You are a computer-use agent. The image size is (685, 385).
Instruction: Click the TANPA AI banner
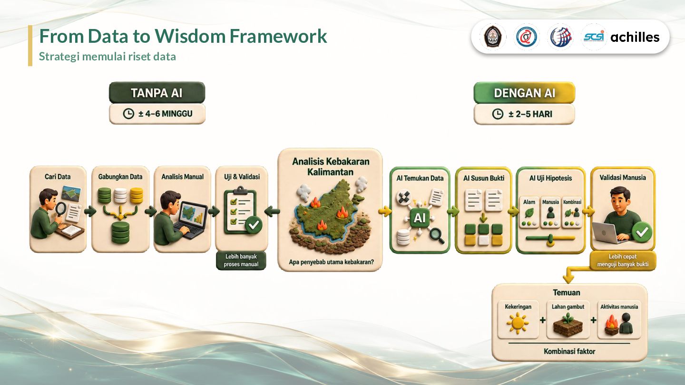[x=157, y=93]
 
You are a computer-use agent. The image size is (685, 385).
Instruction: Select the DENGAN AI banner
[x=524, y=93]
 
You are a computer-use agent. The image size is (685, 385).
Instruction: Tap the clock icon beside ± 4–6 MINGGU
[x=128, y=114]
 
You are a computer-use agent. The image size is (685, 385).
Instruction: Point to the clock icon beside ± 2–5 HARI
[x=498, y=114]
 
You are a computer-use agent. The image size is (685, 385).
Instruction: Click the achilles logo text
[x=635, y=37]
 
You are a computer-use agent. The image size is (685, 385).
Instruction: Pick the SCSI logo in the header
[x=594, y=37]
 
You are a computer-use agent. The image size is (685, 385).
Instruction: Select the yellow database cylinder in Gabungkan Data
[x=137, y=196]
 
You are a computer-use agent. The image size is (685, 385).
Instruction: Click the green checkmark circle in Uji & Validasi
[x=254, y=225]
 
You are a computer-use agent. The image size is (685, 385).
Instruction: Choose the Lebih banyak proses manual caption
[x=241, y=260]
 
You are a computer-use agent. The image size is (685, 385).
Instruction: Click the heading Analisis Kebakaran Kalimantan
[x=331, y=166]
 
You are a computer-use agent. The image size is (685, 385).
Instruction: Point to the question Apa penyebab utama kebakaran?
[x=331, y=262]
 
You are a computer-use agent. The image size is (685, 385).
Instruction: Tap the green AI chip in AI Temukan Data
[x=419, y=218]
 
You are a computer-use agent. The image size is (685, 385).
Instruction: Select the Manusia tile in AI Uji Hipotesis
[x=550, y=212]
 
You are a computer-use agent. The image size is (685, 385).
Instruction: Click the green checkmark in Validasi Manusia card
[x=642, y=232]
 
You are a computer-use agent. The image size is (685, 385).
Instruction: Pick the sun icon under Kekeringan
[x=518, y=324]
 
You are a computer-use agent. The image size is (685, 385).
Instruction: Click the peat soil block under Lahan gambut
[x=568, y=326]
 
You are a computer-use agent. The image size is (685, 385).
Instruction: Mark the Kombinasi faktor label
[x=569, y=351]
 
